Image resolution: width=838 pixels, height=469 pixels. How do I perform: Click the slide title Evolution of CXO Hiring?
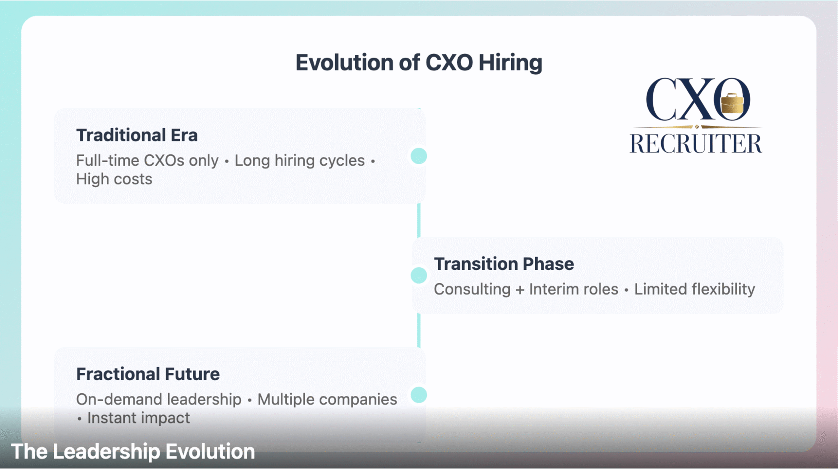[419, 63]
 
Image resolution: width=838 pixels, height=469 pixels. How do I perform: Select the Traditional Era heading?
[137, 135]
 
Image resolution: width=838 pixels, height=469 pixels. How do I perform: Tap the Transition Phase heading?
[504, 264]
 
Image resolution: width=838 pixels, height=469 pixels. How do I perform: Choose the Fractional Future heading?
[148, 374]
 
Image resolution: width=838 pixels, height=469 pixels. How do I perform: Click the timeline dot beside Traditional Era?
[419, 156]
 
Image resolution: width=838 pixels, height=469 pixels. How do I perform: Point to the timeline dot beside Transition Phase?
[419, 275]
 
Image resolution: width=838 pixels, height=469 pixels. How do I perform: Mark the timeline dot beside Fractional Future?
[419, 395]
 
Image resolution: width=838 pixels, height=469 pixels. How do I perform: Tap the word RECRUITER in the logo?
[696, 143]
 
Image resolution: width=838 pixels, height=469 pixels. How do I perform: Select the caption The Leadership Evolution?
[133, 452]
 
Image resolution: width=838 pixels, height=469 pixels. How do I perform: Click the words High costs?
[114, 179]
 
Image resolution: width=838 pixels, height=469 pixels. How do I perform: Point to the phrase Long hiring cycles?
[300, 161]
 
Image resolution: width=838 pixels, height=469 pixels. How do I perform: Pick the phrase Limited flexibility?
[695, 289]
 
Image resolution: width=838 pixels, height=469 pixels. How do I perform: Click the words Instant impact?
[138, 418]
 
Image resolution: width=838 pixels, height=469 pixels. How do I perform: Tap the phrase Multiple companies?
[327, 400]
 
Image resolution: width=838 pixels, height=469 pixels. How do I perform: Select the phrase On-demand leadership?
[159, 400]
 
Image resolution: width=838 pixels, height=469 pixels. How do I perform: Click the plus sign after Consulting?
[520, 290]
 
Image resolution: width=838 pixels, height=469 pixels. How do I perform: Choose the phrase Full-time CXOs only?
[147, 161]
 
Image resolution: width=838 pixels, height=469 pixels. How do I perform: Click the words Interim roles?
[574, 289]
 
